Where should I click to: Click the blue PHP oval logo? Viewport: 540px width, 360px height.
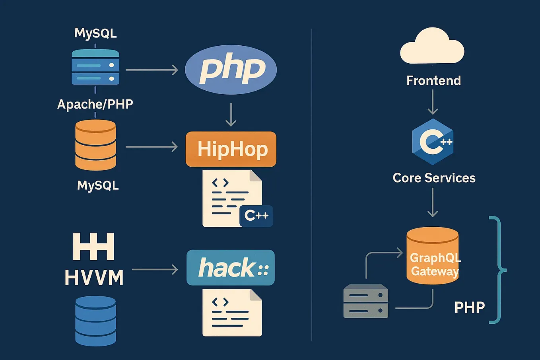[x=231, y=69]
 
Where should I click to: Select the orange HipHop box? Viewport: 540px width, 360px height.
[x=231, y=149]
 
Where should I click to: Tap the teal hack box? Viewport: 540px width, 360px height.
[x=231, y=267]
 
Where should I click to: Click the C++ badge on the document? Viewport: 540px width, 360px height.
[x=256, y=216]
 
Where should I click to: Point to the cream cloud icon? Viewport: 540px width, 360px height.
[x=432, y=47]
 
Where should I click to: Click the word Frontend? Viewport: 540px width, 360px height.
[x=433, y=80]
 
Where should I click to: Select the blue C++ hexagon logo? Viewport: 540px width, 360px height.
[x=433, y=142]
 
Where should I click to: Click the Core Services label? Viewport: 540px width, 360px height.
[x=434, y=178]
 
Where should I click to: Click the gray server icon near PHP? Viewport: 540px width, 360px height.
[x=365, y=301]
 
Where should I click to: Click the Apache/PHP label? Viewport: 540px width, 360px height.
[x=95, y=104]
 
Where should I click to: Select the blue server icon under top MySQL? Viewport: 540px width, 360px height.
[x=95, y=67]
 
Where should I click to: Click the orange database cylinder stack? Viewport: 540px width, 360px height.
[x=95, y=145]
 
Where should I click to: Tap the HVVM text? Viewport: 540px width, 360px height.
[x=94, y=277]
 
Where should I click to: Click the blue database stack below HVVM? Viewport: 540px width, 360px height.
[x=95, y=321]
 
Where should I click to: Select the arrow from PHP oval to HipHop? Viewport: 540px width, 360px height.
[x=231, y=115]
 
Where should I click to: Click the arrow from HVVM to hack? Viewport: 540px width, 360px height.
[x=155, y=270]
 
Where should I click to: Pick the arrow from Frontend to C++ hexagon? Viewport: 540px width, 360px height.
[x=433, y=102]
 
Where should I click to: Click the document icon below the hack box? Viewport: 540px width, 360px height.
[x=232, y=313]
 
